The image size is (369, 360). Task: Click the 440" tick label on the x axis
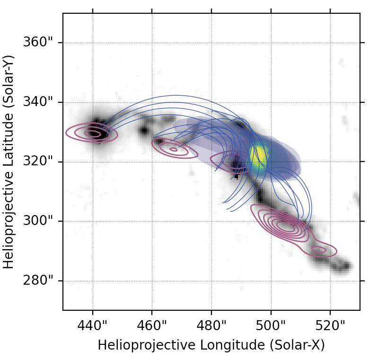coord(93,326)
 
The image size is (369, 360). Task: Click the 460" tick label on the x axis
coord(152,326)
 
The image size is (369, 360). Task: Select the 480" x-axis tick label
coord(211,326)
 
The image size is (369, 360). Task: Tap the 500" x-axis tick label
coord(271,326)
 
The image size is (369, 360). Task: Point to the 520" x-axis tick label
coord(330,326)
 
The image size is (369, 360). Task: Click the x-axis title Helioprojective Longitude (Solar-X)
coord(211,345)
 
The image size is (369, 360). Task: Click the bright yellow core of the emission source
coord(259,154)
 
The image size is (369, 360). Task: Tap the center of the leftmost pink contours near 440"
coord(93,134)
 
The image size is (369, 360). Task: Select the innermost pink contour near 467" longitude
coord(173,150)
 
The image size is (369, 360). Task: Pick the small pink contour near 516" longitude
coord(318,249)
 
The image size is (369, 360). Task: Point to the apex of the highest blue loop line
coord(176,95)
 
